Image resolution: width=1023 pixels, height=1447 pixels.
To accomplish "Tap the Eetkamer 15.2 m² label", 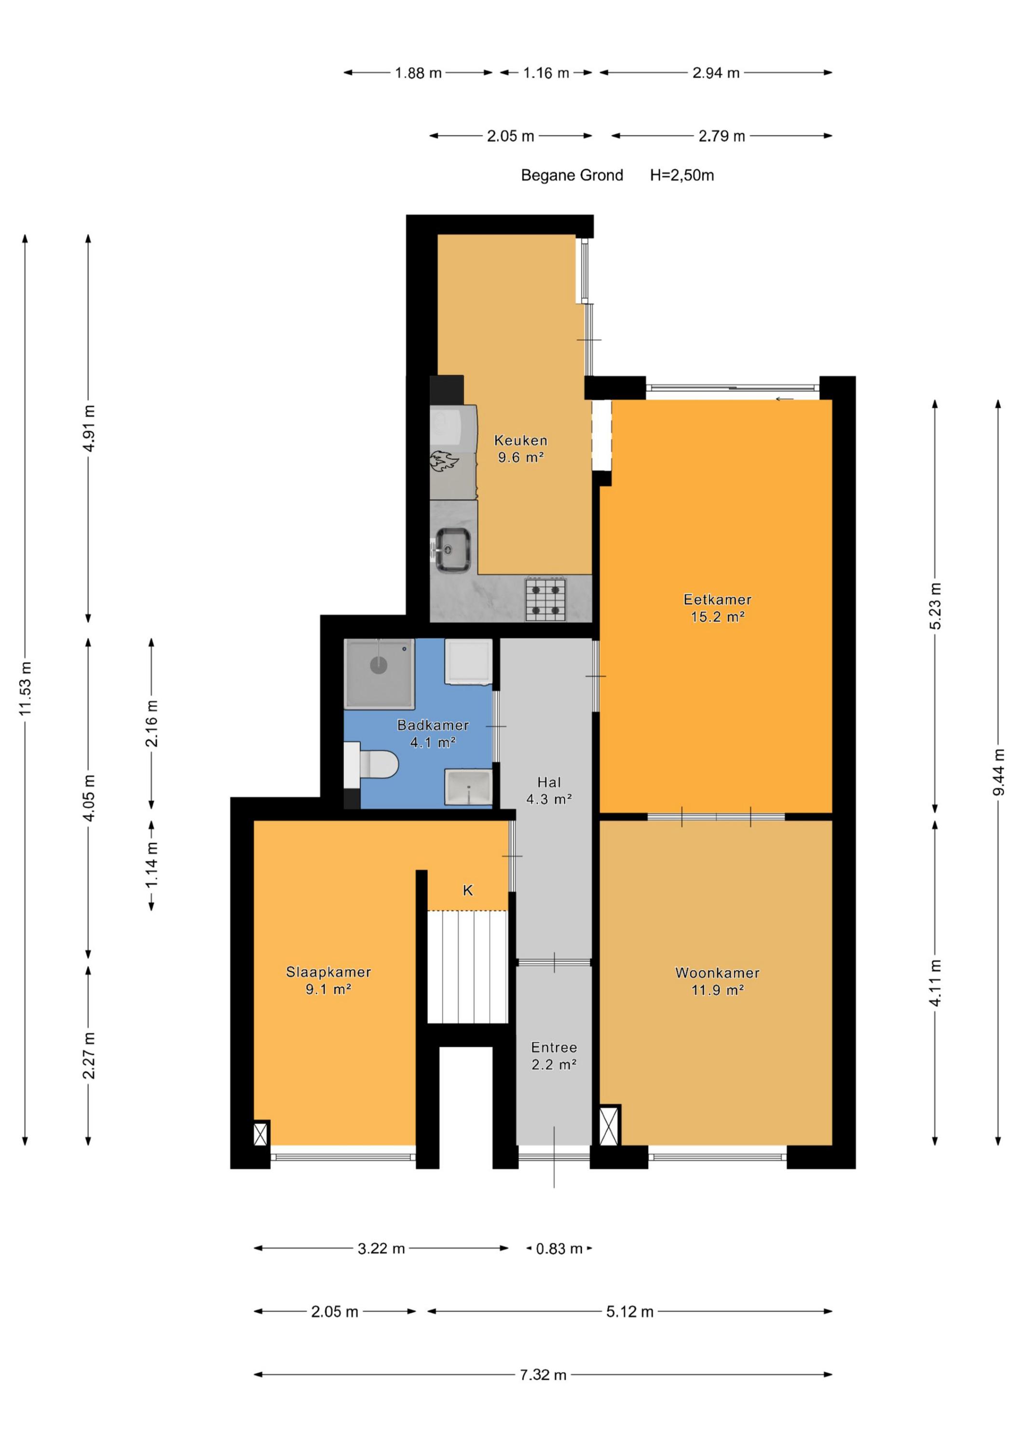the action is click(717, 608).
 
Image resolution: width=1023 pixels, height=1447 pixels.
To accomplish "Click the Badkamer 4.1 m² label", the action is click(433, 734).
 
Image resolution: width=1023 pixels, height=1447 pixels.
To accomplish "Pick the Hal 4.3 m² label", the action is click(549, 791).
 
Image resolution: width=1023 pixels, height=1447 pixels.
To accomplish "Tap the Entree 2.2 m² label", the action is click(554, 1056).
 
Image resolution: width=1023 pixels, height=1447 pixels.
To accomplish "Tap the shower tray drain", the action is click(378, 665).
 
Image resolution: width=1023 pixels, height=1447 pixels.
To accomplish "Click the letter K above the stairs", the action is click(468, 890).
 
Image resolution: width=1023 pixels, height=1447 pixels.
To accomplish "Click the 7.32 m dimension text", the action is click(543, 1375).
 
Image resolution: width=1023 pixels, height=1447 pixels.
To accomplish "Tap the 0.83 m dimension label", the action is click(559, 1248).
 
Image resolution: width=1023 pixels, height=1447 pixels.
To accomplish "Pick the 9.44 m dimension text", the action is click(998, 772).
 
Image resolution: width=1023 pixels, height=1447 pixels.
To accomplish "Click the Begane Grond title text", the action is click(572, 175).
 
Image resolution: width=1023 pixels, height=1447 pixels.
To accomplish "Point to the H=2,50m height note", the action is click(682, 175).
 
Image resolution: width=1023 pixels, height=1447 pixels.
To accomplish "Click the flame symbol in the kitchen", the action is click(444, 461).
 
